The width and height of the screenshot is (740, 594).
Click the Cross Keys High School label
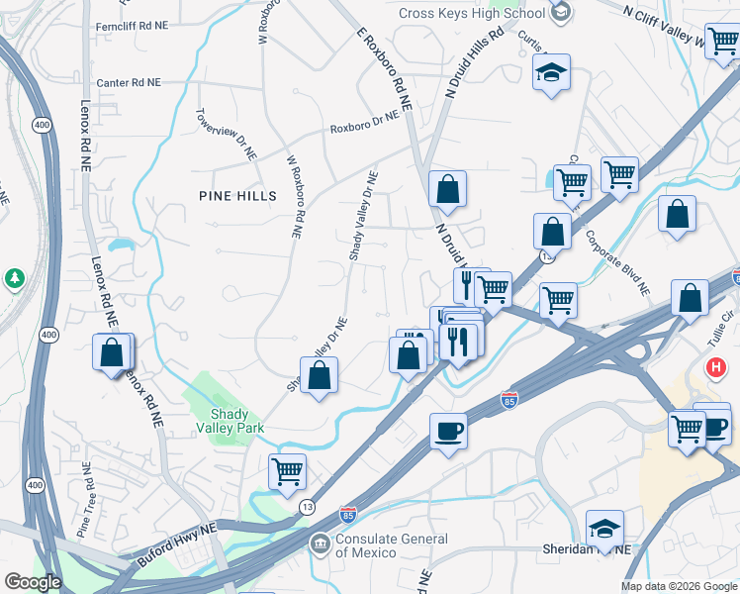coord(471,13)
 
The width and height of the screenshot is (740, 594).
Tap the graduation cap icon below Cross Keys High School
coord(551,73)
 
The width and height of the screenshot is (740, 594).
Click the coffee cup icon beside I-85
coord(448,431)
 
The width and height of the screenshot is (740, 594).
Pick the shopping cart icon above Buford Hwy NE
coord(287,472)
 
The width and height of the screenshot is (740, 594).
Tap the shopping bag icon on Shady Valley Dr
coord(319,375)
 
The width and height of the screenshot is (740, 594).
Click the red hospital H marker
coord(716,368)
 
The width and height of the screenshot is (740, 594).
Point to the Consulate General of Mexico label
coord(391,545)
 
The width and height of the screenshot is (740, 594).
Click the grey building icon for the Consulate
coord(320,543)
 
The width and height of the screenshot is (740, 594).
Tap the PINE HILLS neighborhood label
coord(236,196)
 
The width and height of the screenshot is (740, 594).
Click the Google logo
coord(33,581)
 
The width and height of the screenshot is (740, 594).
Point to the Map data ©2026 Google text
coord(678,585)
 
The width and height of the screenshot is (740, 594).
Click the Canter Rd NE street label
coord(128,83)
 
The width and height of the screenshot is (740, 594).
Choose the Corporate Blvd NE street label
coord(616,263)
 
